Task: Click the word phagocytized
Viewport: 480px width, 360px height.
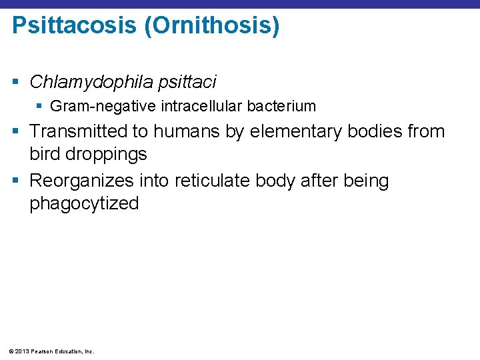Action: point(84,203)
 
